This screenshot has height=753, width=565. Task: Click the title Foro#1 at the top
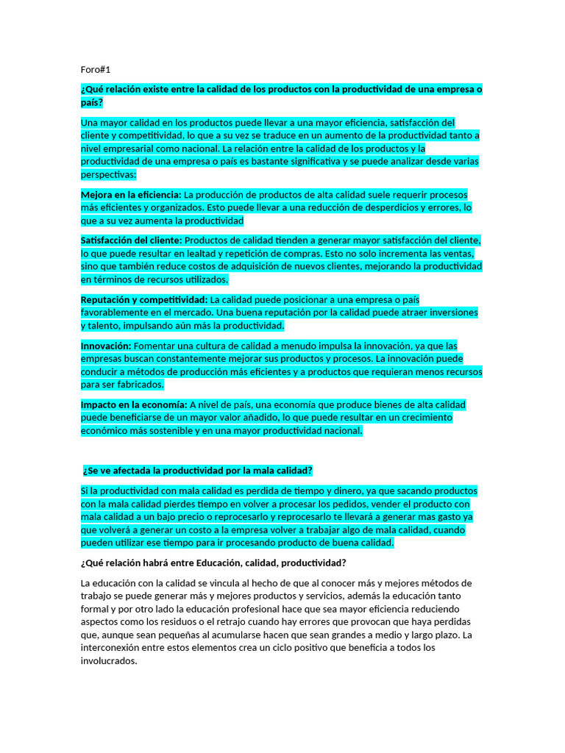pyautogui.click(x=95, y=70)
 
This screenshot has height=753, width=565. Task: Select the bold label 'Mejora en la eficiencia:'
pyautogui.click(x=130, y=195)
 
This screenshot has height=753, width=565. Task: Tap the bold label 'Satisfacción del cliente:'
pyautogui.click(x=131, y=240)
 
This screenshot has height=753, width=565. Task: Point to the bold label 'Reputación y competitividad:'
pyautogui.click(x=144, y=300)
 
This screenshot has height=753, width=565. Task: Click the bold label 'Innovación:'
pyautogui.click(x=106, y=346)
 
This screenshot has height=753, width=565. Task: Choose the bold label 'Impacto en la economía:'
pyautogui.click(x=134, y=405)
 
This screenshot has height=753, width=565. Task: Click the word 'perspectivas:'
pyautogui.click(x=108, y=175)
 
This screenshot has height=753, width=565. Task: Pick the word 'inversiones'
pyautogui.click(x=452, y=313)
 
